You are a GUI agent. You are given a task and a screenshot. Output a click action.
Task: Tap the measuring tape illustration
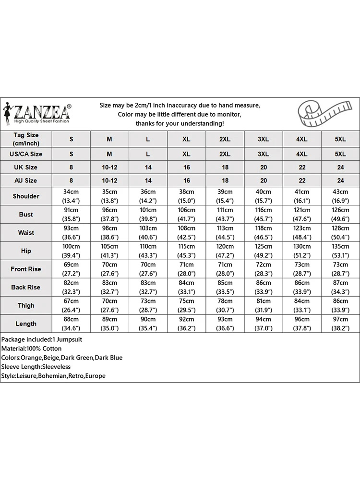(321, 114)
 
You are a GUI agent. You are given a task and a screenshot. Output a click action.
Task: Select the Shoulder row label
(26, 196)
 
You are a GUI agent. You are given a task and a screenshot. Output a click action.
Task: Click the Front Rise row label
(26, 269)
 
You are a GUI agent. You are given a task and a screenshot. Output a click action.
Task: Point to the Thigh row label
(26, 306)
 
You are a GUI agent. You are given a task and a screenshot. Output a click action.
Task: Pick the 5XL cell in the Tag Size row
(340, 139)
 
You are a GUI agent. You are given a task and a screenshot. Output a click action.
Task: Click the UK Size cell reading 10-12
(109, 168)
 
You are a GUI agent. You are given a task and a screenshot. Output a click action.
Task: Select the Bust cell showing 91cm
(72, 215)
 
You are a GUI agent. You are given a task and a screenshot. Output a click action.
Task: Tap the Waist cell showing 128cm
(340, 233)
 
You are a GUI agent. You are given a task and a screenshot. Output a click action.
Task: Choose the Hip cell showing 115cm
(186, 251)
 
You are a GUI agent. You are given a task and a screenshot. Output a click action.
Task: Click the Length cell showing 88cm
(72, 324)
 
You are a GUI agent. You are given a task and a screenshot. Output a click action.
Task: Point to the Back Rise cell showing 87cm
(340, 288)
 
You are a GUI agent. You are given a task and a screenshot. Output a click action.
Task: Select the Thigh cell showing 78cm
(225, 306)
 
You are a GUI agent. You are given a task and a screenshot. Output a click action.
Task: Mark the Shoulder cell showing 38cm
(186, 196)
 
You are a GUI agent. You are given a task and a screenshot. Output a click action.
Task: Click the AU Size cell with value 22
(301, 180)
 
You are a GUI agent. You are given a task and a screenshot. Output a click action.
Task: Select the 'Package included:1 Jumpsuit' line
(42, 339)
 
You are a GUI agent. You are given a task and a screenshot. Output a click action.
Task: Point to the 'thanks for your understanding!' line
(180, 124)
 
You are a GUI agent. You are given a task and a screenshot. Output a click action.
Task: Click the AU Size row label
(26, 180)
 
